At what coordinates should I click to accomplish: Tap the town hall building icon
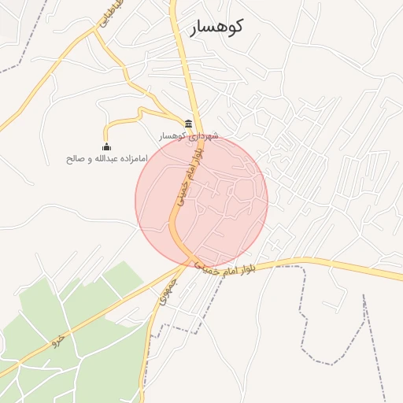pyautogui.click(x=188, y=123)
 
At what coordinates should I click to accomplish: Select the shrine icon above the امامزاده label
pyautogui.click(x=107, y=146)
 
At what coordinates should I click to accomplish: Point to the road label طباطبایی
pyautogui.click(x=104, y=17)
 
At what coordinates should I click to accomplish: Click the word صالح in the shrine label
pyautogui.click(x=76, y=158)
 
